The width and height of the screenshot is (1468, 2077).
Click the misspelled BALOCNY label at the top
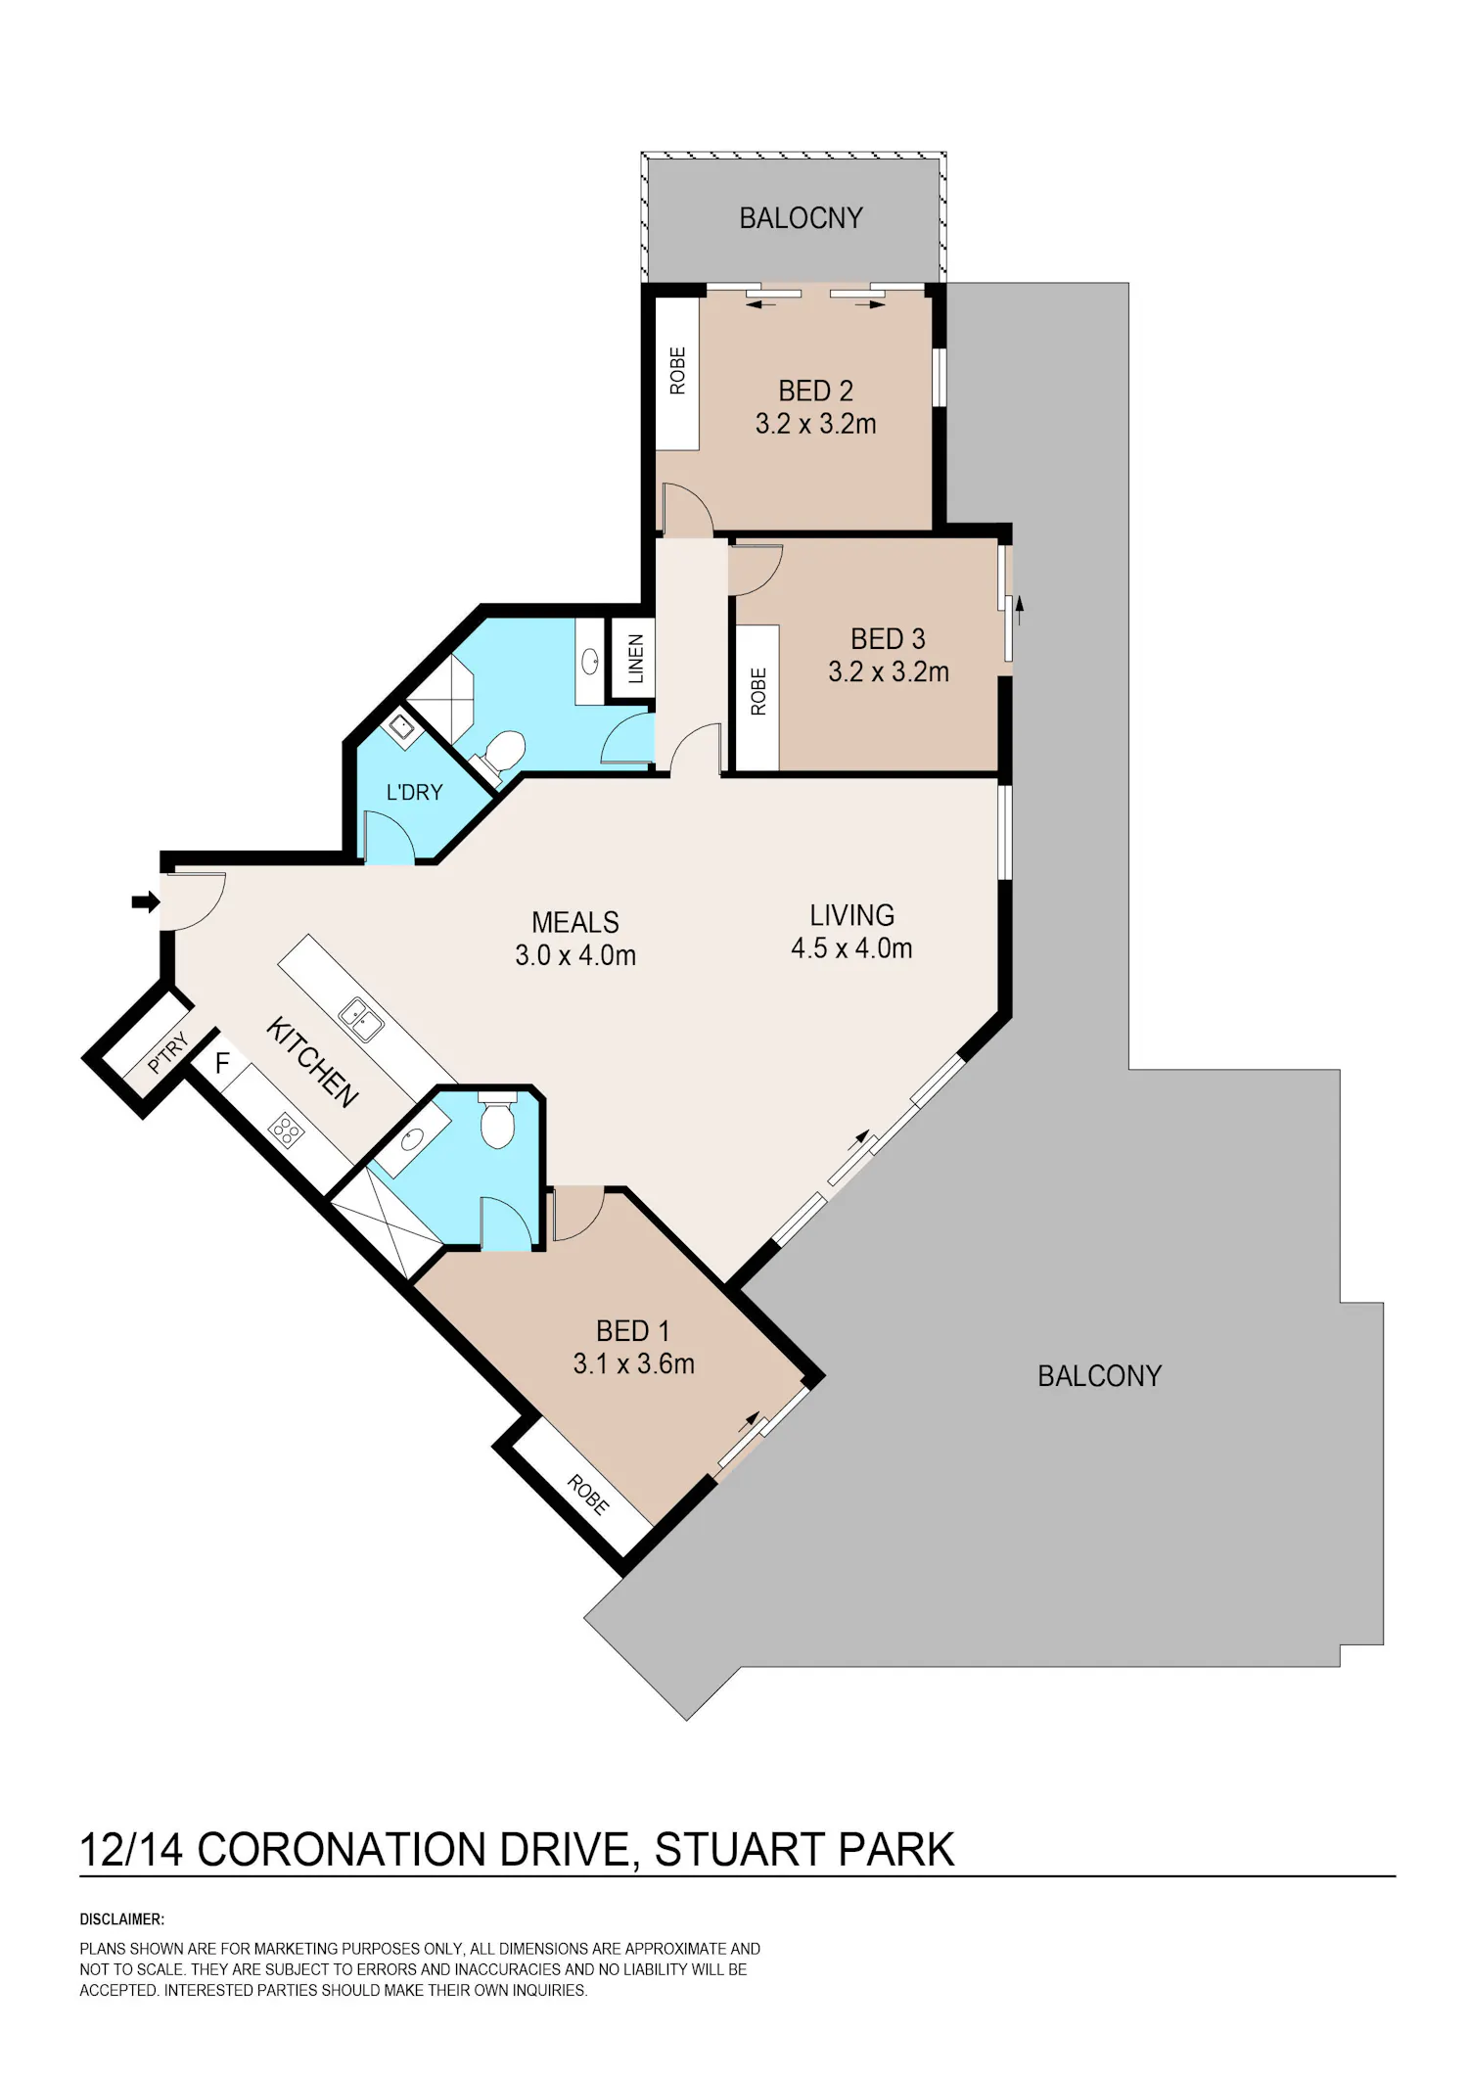[801, 217]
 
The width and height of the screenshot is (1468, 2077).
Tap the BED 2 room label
[815, 391]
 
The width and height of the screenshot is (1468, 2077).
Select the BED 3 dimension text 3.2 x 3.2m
[889, 671]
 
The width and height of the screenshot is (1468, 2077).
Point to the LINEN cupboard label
[636, 658]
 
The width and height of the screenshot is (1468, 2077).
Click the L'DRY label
[414, 792]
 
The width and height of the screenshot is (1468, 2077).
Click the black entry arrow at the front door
[146, 901]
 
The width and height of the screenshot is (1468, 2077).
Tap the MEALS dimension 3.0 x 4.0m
[575, 954]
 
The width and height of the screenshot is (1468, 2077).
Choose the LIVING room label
[851, 915]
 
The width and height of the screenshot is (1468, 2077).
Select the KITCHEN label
[312, 1062]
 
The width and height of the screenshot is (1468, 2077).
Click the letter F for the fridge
[222, 1063]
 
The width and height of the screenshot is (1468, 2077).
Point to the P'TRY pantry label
[168, 1052]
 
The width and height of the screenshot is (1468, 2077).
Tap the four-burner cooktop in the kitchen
[286, 1131]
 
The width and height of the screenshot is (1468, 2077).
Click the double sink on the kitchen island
[360, 1020]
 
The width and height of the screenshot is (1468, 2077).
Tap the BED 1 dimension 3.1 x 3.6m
[633, 1363]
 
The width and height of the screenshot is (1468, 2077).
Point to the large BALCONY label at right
[1099, 1376]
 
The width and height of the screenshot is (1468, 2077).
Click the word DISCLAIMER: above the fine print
[122, 1919]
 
